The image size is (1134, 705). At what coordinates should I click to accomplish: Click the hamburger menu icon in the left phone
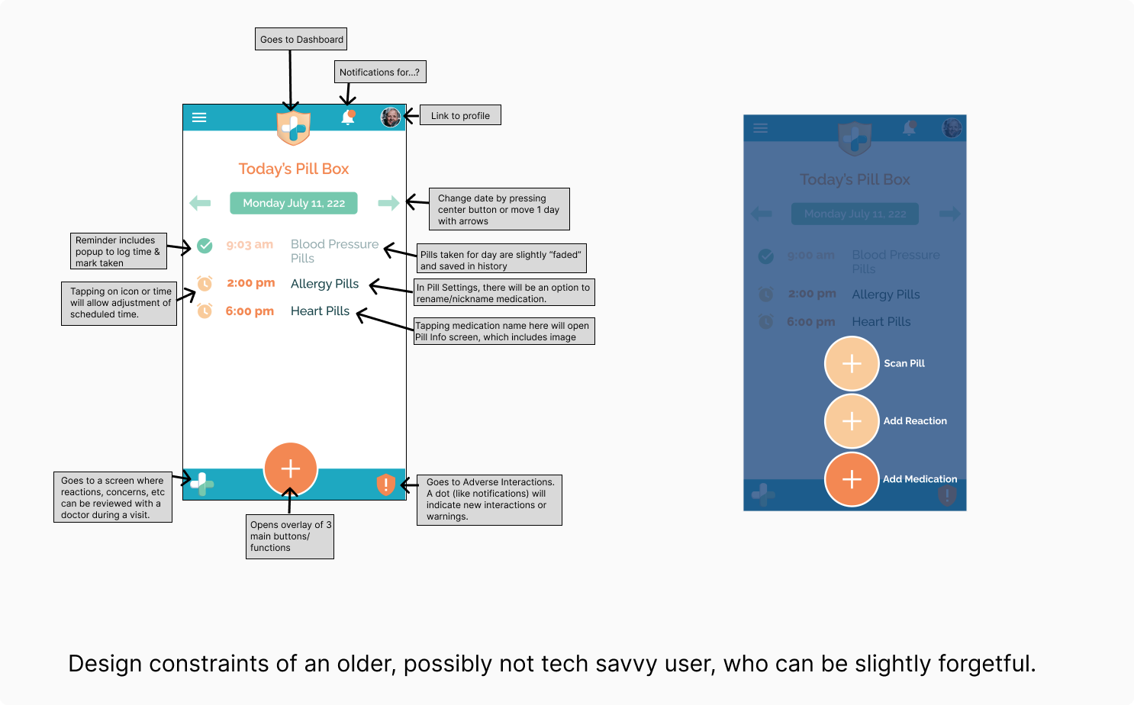[199, 117]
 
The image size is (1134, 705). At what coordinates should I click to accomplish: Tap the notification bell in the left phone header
[348, 117]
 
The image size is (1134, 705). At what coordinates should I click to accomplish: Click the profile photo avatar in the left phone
[391, 117]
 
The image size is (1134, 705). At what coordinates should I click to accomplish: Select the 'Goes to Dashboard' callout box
[301, 40]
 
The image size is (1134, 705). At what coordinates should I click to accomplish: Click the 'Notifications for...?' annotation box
[380, 72]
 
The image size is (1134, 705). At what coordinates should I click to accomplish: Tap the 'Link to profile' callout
[460, 116]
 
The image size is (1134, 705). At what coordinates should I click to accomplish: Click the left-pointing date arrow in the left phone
[200, 203]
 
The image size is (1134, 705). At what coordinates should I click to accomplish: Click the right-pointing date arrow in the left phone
[388, 203]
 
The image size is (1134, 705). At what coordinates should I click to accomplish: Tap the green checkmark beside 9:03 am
[205, 246]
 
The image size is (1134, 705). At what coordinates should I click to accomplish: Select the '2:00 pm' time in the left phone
[250, 283]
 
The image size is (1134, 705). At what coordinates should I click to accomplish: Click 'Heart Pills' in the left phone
[320, 311]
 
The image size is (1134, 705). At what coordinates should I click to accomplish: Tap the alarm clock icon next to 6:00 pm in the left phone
[205, 311]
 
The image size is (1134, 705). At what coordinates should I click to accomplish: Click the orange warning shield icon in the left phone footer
[386, 484]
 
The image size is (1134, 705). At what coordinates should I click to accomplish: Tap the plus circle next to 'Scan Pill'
[852, 364]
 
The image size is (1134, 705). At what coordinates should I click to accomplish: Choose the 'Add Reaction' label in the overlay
[915, 421]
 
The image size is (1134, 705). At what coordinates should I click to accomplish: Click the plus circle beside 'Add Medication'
[852, 479]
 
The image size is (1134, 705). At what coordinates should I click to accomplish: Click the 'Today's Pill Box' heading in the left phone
[294, 169]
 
